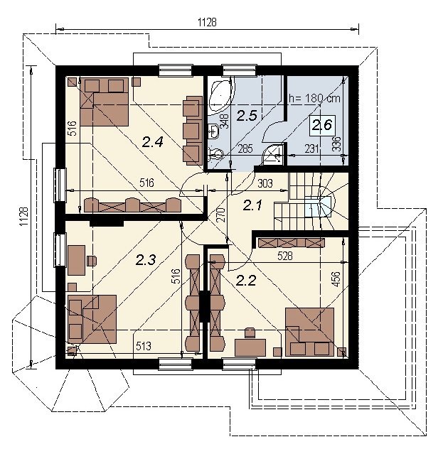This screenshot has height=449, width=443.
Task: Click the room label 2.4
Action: click(152, 142)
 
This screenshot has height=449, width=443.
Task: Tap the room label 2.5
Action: click(247, 116)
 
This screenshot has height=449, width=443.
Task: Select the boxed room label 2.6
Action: click(322, 125)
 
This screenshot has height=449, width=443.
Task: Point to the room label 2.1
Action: click(252, 205)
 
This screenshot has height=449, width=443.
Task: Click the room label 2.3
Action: click(146, 260)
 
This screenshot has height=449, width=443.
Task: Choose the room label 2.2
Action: click(245, 281)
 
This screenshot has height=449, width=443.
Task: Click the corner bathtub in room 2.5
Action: click(220, 97)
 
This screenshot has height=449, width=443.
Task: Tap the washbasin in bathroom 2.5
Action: click(213, 131)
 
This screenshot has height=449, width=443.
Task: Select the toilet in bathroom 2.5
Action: click(215, 155)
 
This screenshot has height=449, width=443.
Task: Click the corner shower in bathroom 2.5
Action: click(274, 155)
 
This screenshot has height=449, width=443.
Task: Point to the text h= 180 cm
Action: click(314, 99)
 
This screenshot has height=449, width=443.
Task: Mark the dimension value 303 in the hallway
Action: click(265, 183)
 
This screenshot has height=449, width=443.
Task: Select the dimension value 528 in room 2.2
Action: click(285, 256)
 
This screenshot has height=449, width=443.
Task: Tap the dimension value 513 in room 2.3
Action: click(143, 346)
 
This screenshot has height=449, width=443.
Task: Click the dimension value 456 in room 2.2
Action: click(336, 279)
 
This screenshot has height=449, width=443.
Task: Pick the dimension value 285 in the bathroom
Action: click(245, 149)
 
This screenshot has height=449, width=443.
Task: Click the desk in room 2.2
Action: click(250, 347)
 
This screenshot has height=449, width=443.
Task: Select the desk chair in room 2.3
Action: click(92, 261)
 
